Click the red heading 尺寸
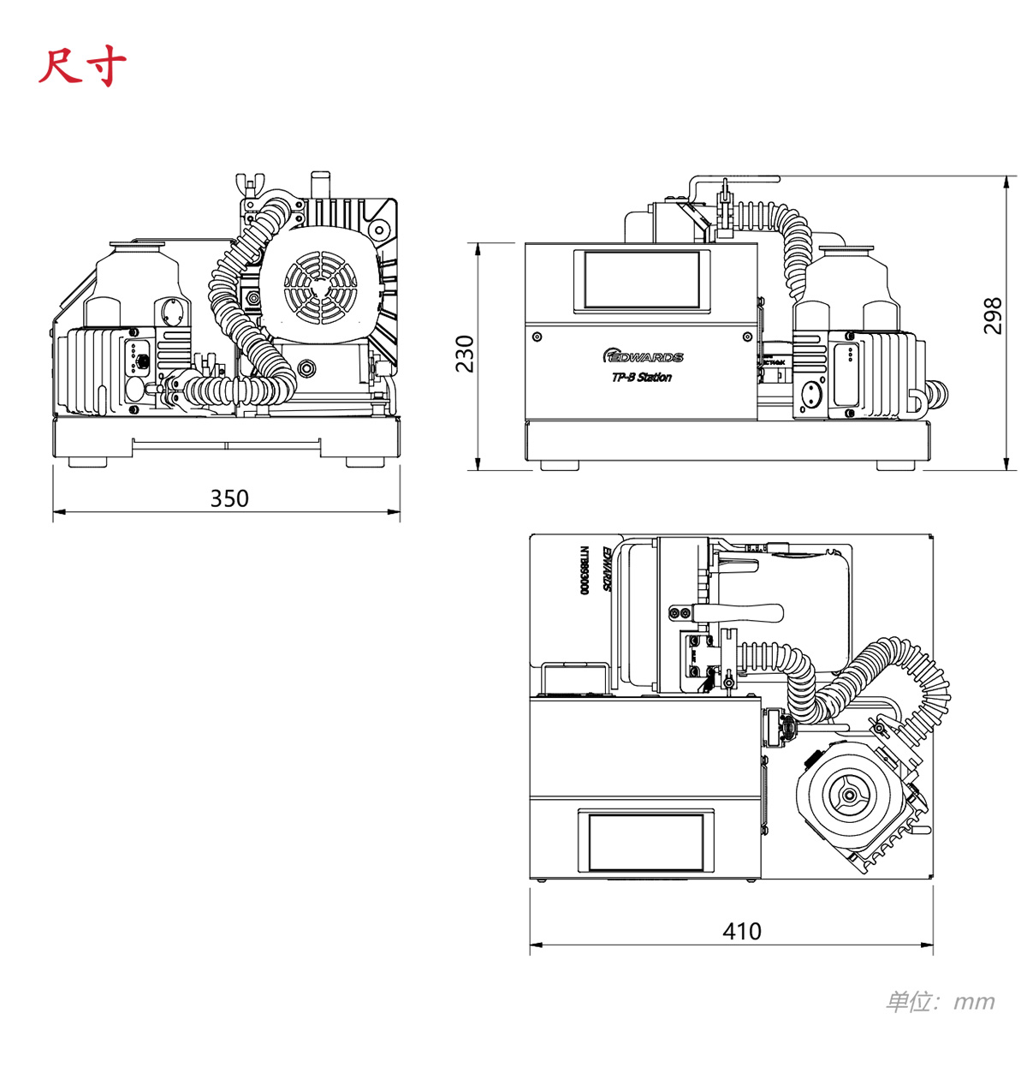(x=82, y=67)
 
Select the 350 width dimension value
(x=229, y=498)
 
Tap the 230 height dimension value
(x=464, y=354)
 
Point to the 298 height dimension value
(x=992, y=315)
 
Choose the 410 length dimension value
(x=741, y=931)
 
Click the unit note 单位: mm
(x=940, y=1001)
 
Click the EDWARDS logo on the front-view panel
(x=644, y=356)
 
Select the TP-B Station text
(x=642, y=378)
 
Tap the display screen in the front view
(x=642, y=279)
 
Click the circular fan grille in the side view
(x=320, y=287)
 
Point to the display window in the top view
(x=646, y=842)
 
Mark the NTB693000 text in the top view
(x=585, y=571)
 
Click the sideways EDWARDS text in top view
(x=607, y=569)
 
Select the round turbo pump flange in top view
(x=847, y=796)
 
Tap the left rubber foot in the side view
(x=87, y=462)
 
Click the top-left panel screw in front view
(x=537, y=337)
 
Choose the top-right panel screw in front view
(x=748, y=337)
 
